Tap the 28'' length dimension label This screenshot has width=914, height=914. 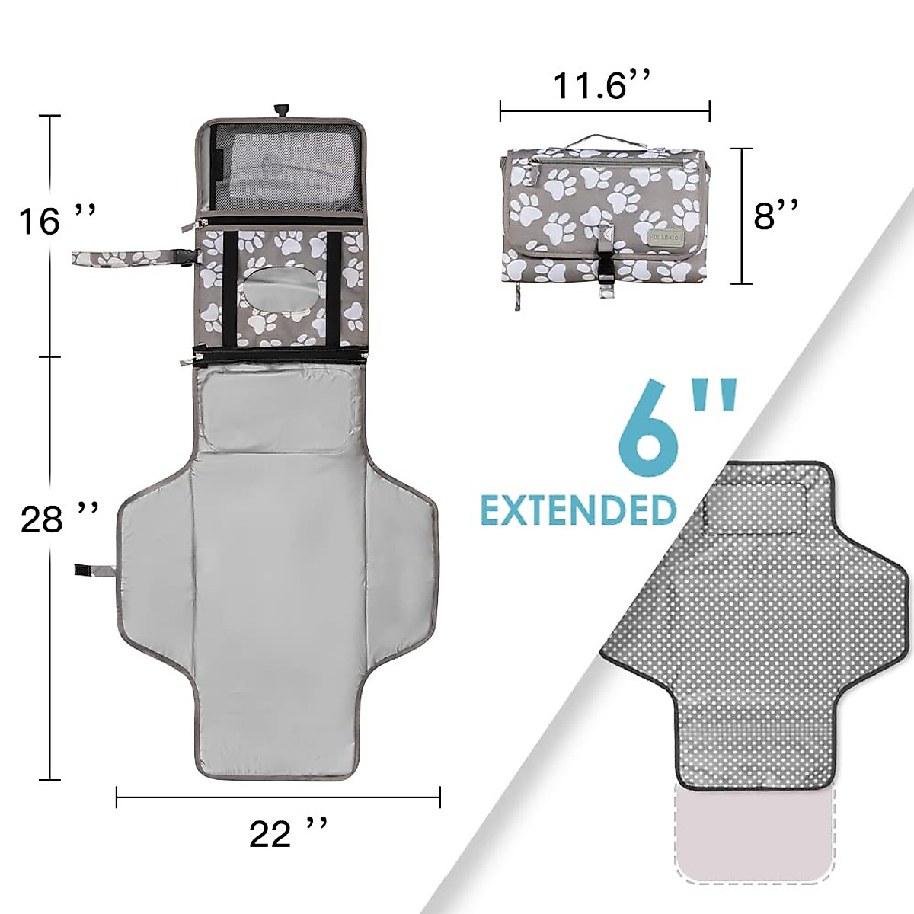pyautogui.click(x=59, y=518)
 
